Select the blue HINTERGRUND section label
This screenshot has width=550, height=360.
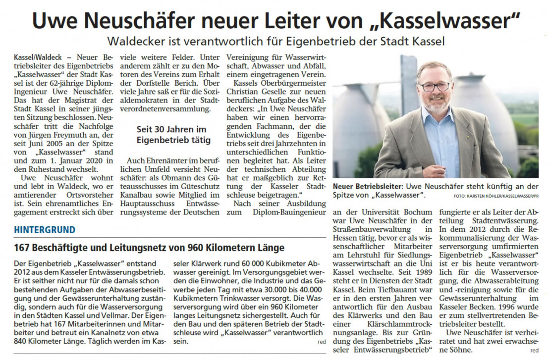click(45, 230)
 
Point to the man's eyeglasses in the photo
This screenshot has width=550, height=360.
click(434, 86)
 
